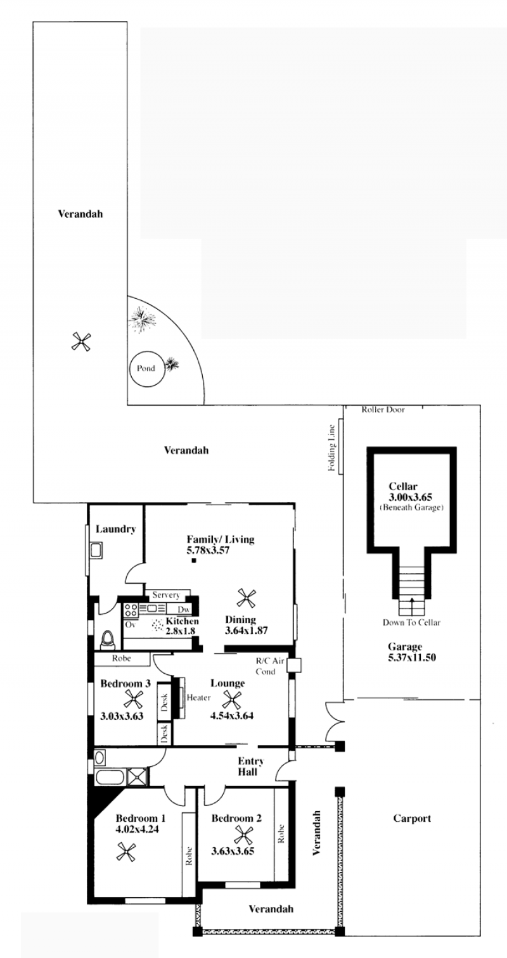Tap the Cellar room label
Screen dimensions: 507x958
(403, 486)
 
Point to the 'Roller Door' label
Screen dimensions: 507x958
(383, 409)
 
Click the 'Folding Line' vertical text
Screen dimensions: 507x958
(331, 448)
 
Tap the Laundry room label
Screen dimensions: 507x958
(115, 529)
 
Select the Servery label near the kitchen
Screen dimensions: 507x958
(166, 595)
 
